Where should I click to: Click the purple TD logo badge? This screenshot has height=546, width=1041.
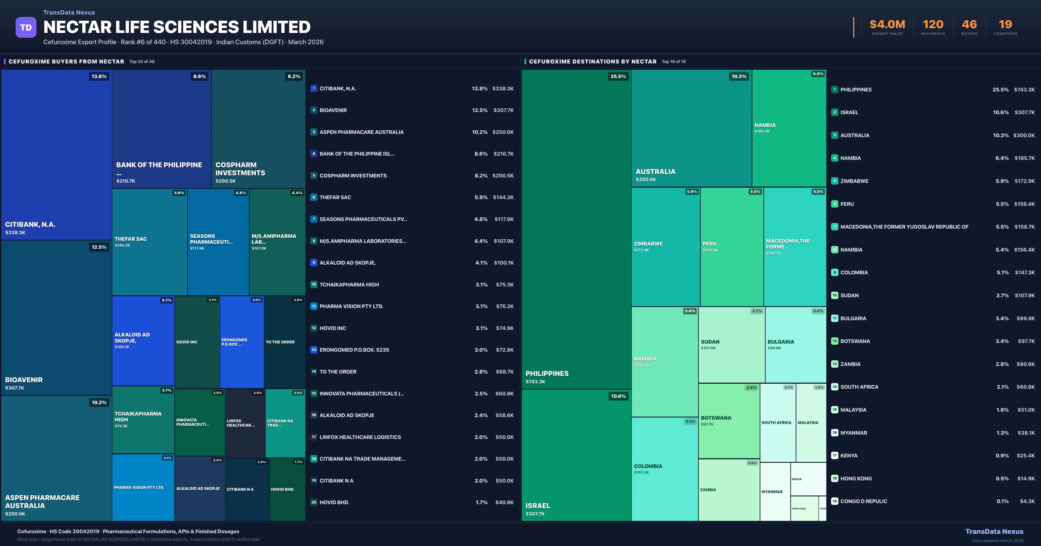[26, 28]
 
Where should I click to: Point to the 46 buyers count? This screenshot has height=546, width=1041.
[969, 25]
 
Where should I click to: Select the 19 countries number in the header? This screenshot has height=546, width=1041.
[1005, 25]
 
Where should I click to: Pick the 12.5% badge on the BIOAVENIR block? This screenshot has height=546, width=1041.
[99, 247]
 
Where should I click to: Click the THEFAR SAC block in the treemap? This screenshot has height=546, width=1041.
[149, 242]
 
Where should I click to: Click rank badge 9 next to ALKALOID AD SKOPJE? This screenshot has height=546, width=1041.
[314, 263]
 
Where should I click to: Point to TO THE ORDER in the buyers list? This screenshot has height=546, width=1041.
[338, 372]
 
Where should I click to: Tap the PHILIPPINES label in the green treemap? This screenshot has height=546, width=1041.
[547, 374]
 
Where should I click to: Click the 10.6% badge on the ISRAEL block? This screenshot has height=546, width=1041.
[618, 396]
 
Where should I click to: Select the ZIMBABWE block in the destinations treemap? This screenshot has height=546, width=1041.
[665, 246]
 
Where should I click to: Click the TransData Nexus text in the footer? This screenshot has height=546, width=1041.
[994, 531]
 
